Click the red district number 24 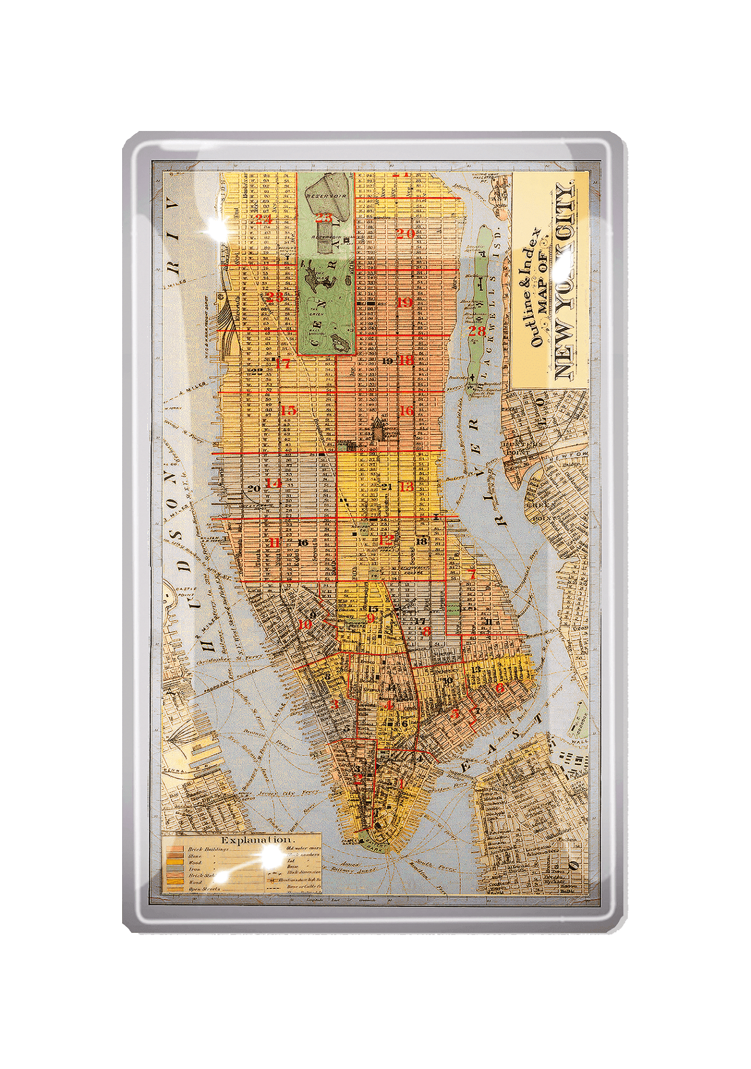(264, 219)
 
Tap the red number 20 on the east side (405, 233)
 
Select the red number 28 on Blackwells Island (477, 330)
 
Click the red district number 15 (288, 410)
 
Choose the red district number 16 (406, 410)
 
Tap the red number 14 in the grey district (273, 483)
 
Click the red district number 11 (274, 543)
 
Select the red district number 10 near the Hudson (305, 624)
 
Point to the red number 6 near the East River (500, 688)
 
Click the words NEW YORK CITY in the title (565, 282)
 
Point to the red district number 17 (283, 363)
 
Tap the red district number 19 (405, 302)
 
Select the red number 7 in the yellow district (472, 575)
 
